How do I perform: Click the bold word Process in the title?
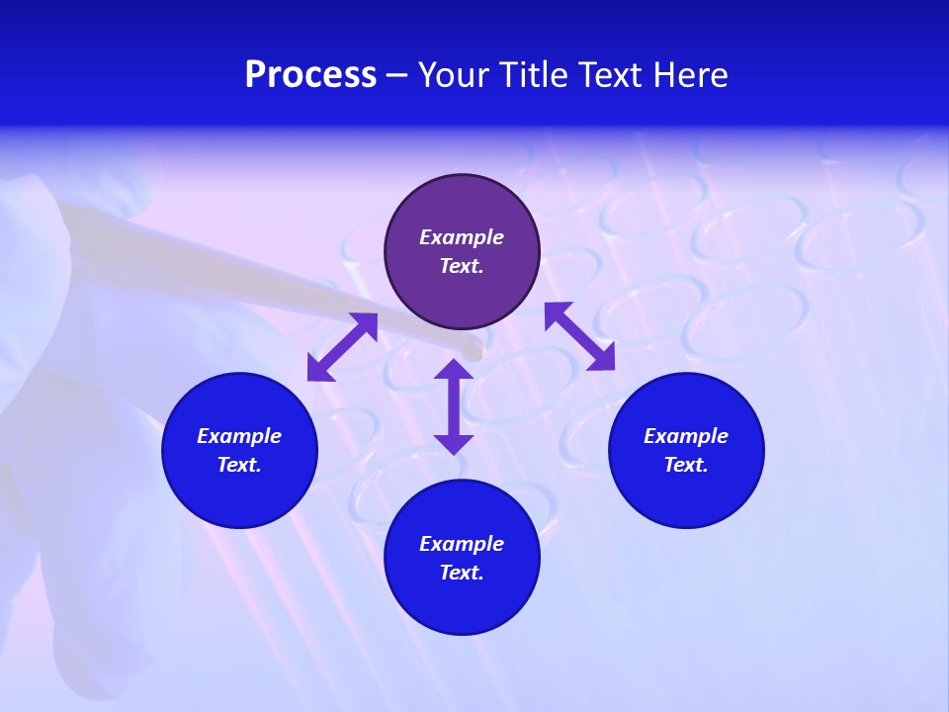310,75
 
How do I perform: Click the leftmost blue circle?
239,450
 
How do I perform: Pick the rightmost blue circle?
686,450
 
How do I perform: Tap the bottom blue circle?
462,558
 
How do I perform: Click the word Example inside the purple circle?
462,237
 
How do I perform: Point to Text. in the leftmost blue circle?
239,465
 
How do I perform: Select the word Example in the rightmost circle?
686,436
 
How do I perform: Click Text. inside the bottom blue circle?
462,573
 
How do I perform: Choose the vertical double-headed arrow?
454,406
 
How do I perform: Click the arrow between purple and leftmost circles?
342,347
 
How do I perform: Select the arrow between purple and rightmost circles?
579,336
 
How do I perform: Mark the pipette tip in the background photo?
473,347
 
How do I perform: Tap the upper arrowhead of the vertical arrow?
454,369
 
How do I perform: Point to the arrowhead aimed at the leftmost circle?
319,368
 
